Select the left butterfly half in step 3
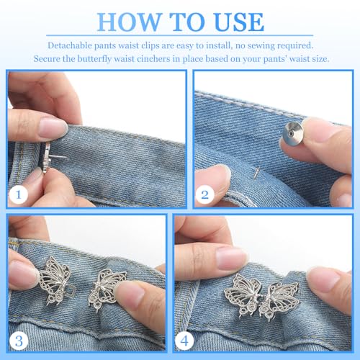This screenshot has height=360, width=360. pyautogui.click(x=54, y=279)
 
